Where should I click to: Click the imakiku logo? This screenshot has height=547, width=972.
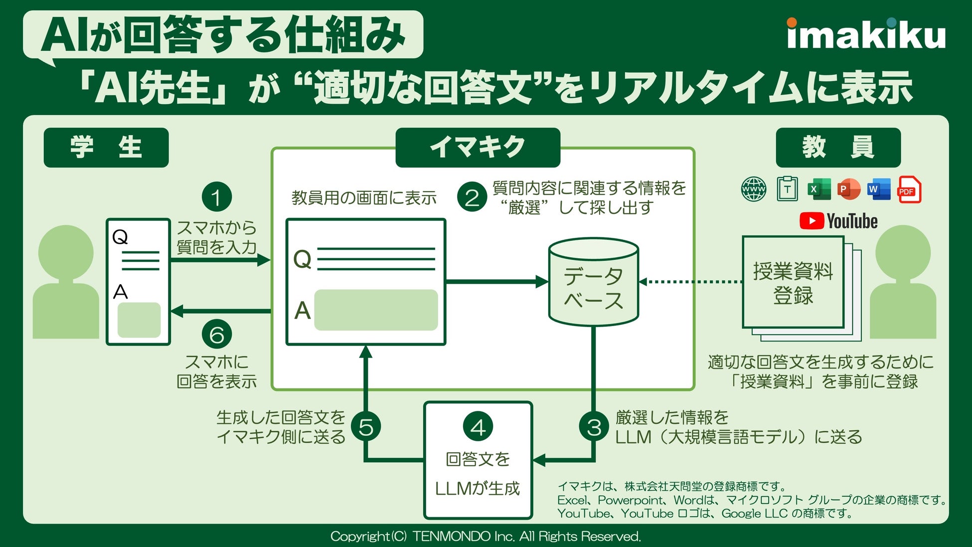tap(866, 34)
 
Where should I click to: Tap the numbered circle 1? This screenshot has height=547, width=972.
tap(217, 197)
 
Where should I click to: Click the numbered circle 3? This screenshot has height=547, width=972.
tap(594, 427)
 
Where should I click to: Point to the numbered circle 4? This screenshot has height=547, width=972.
tap(478, 427)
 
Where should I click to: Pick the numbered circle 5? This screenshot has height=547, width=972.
tap(366, 427)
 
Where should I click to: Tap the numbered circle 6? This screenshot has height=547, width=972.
tap(217, 334)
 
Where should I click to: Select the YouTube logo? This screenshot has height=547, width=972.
tap(838, 221)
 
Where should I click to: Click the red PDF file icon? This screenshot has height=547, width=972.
tap(909, 190)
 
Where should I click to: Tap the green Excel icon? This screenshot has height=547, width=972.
tap(819, 189)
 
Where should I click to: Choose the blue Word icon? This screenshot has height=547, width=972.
tap(878, 189)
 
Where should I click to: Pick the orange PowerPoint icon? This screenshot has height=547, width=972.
tap(849, 189)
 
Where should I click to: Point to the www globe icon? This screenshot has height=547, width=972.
tap(754, 189)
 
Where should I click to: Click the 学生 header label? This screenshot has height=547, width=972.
tap(106, 148)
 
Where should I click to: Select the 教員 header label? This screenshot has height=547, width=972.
tap(838, 148)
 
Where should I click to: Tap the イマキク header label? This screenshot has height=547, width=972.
tap(478, 148)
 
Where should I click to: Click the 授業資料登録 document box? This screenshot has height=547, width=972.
tap(793, 283)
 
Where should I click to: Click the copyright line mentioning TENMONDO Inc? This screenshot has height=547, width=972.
tap(486, 537)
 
